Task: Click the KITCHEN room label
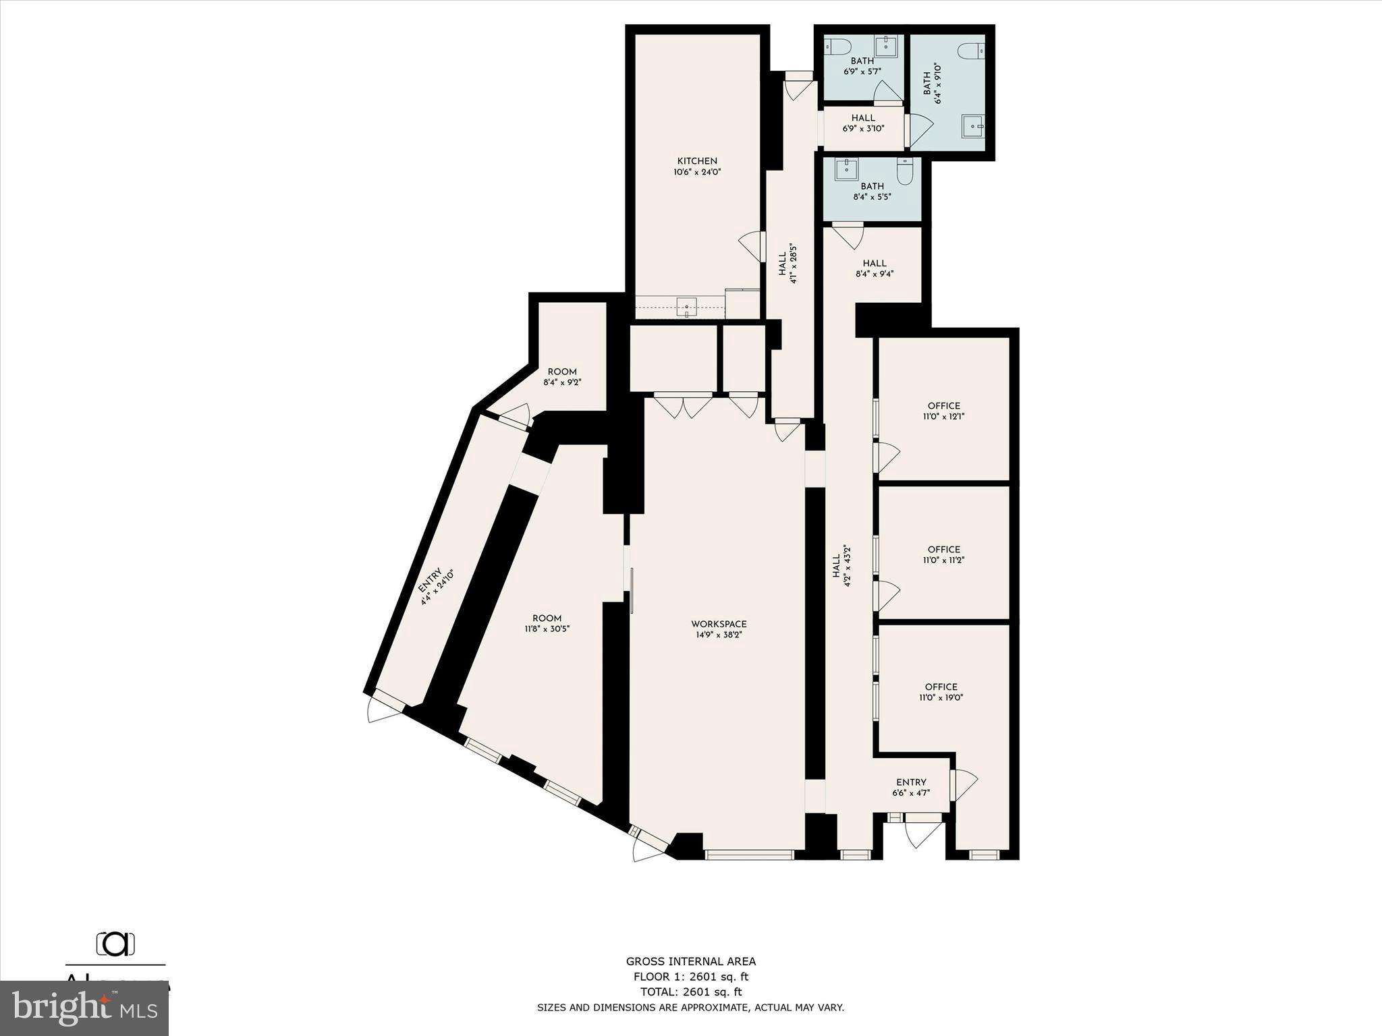(697, 161)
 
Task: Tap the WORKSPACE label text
(719, 624)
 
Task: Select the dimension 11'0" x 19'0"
(941, 698)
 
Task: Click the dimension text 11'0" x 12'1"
(943, 417)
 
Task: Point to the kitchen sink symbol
(686, 308)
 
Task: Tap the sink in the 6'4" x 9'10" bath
(972, 125)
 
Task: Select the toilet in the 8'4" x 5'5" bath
(905, 171)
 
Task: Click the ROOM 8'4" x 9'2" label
(562, 372)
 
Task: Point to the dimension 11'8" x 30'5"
(547, 629)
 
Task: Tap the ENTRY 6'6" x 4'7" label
(911, 782)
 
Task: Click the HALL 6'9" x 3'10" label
(863, 118)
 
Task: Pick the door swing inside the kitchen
(752, 246)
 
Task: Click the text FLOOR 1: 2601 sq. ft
(690, 977)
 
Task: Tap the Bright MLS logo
(84, 1008)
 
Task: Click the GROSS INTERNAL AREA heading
(690, 962)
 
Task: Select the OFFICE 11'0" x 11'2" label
(943, 550)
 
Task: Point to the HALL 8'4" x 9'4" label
(874, 264)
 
